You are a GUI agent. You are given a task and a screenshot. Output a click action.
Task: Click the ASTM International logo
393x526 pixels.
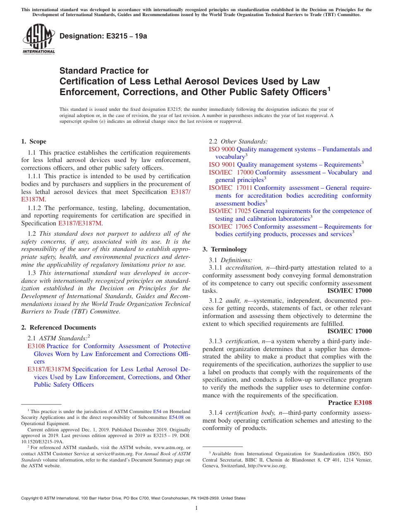point(38,39)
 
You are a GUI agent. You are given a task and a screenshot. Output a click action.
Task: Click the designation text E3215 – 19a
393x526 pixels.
point(103,36)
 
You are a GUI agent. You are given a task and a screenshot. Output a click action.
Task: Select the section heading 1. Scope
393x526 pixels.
point(34,141)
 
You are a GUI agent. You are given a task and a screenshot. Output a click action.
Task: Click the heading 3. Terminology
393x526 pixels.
point(225,249)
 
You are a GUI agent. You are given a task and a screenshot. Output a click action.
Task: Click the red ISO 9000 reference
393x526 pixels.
point(222,149)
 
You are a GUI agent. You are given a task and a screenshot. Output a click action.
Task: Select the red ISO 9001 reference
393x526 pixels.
point(222,165)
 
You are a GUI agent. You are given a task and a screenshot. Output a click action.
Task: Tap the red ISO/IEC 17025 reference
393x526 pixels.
point(230,211)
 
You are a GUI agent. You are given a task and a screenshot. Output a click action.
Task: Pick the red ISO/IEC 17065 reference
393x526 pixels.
point(230,227)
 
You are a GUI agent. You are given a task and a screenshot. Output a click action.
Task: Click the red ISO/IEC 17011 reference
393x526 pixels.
point(230,188)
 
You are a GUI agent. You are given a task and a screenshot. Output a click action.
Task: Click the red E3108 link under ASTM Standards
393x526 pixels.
point(36,346)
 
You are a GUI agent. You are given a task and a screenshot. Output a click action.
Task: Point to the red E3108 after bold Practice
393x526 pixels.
point(362,403)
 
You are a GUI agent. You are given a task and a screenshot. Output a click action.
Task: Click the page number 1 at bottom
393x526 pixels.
point(196,508)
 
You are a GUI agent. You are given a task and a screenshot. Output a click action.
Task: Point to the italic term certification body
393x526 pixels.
point(252,413)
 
